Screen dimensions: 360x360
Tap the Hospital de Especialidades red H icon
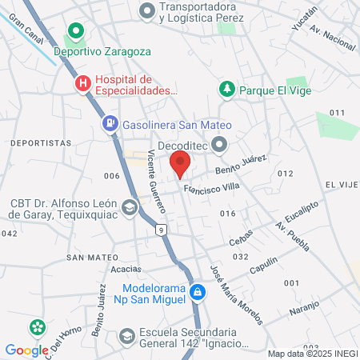tap(82, 83)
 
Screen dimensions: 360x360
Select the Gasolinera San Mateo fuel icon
tap(109, 124)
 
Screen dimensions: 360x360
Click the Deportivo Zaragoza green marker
tap(76, 33)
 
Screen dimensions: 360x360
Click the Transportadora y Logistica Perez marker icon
tap(146, 11)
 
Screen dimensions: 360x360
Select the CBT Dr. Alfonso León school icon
tap(129, 208)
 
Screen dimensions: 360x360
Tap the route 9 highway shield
tap(162, 230)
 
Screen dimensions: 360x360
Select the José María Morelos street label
tap(235, 294)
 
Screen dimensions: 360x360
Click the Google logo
tap(26, 350)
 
